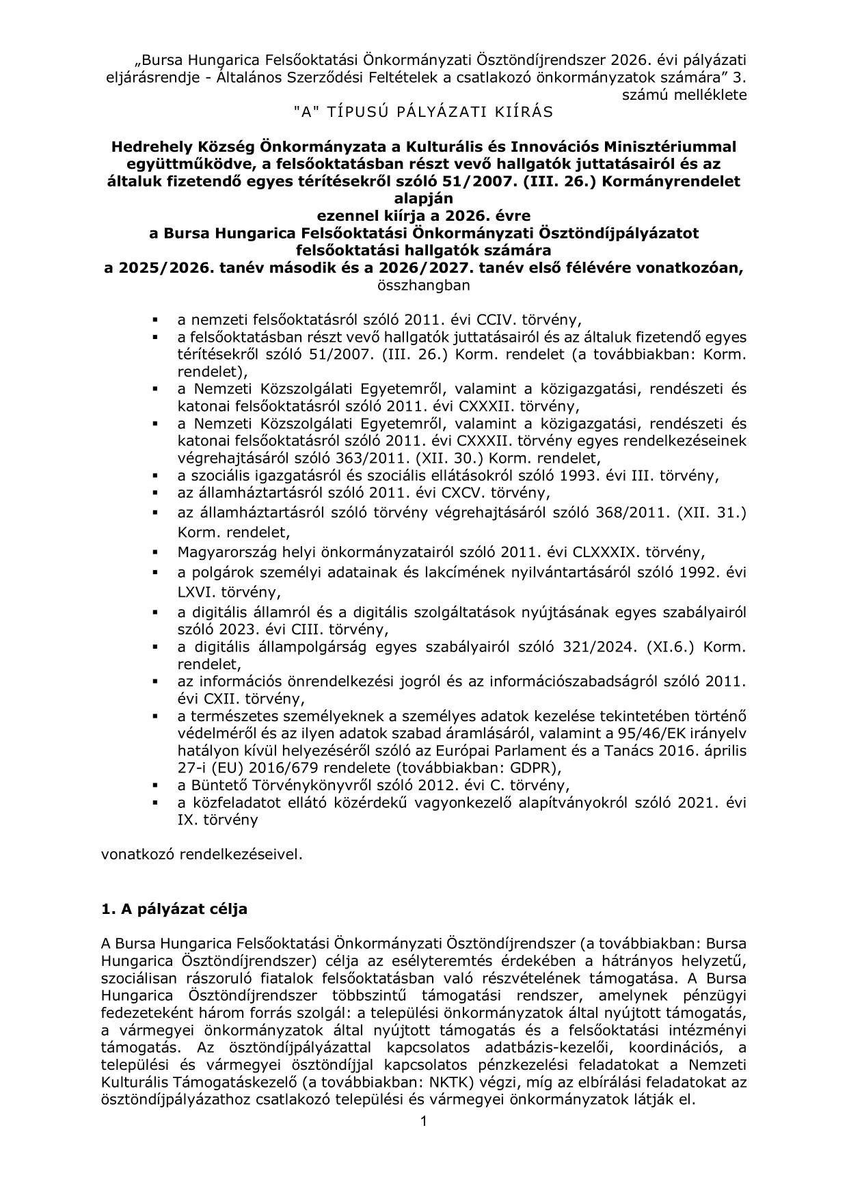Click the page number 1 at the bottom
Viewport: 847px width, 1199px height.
click(x=424, y=1122)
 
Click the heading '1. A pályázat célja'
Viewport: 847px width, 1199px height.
click(x=174, y=909)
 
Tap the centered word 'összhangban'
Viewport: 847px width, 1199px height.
click(x=423, y=285)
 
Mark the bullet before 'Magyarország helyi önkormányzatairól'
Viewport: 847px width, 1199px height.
click(x=156, y=551)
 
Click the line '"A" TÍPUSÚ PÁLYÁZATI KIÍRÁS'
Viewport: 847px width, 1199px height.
click(x=423, y=112)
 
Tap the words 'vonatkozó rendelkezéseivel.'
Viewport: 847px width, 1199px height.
click(x=201, y=854)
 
